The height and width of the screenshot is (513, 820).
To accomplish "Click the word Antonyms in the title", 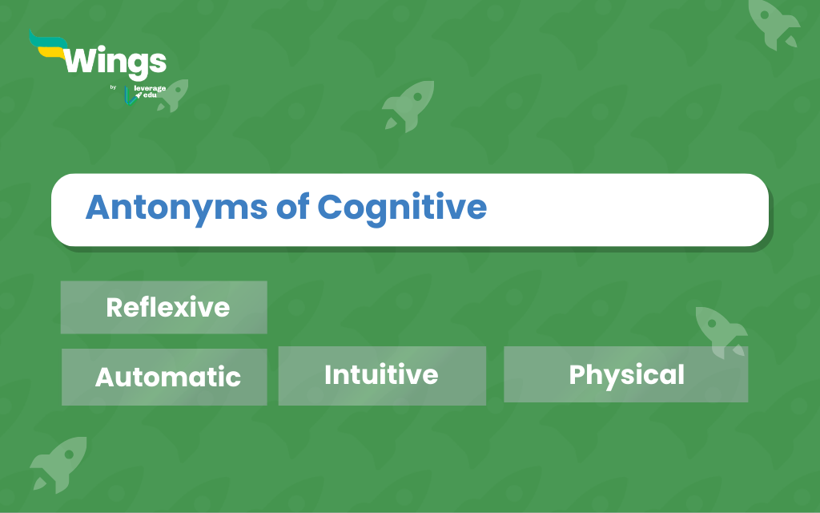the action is (x=176, y=208).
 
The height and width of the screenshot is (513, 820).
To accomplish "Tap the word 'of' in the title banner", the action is (x=292, y=206).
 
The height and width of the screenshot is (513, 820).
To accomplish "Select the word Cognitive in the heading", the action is (x=402, y=209).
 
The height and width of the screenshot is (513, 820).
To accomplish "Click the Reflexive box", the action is (x=163, y=307).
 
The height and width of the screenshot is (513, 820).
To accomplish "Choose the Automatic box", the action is (x=164, y=377).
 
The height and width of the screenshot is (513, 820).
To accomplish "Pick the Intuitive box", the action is (x=382, y=376).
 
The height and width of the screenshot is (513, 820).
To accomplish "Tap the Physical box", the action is (x=626, y=374).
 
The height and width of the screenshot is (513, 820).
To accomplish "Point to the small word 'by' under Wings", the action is (x=113, y=87).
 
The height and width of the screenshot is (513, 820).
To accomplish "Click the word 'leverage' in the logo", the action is (x=150, y=88).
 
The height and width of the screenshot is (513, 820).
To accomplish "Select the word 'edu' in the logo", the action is (x=150, y=95).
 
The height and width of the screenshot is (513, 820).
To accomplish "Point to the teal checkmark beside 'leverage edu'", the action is (x=130, y=96).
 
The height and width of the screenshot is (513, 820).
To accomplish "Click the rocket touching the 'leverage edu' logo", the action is (x=173, y=96).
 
